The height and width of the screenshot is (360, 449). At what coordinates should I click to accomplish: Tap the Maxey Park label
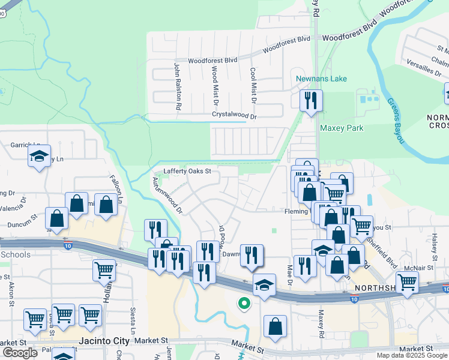click(x=342, y=128)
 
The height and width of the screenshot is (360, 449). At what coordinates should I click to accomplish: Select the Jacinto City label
click(x=105, y=341)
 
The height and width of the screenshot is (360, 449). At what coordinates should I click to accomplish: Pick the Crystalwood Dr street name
click(x=234, y=115)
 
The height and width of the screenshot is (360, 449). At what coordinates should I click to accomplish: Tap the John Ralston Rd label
click(x=178, y=86)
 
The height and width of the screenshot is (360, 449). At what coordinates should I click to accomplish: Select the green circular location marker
click(x=244, y=304)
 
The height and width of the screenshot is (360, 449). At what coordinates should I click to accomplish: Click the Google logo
click(x=20, y=353)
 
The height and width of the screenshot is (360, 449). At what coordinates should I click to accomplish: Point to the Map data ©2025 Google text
click(x=412, y=355)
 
